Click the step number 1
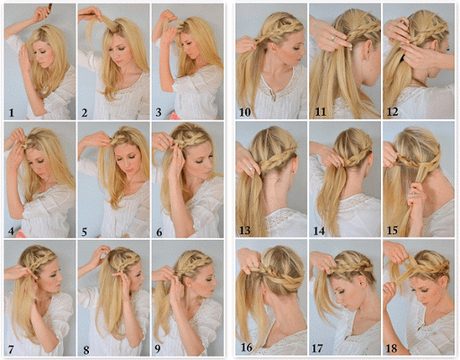point(11,112)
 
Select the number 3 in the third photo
point(158,112)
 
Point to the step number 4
point(11,230)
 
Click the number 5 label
point(84,230)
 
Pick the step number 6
point(158,230)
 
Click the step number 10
point(245,112)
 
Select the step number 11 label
point(320,112)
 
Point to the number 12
point(394,112)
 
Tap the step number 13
point(245,230)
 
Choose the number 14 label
point(320,230)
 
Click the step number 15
point(394,230)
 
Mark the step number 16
point(245,346)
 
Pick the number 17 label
point(320,346)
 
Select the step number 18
point(394,346)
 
